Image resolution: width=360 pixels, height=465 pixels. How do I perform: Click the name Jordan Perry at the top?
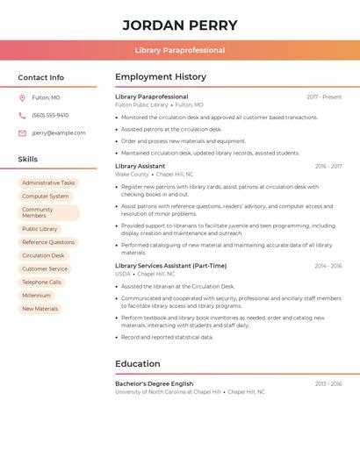(x=179, y=25)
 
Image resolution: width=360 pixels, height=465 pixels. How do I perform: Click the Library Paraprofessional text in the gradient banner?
(x=180, y=51)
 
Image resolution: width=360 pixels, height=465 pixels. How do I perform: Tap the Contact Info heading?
(x=40, y=77)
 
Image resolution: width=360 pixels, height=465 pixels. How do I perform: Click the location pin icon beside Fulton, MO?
(x=22, y=98)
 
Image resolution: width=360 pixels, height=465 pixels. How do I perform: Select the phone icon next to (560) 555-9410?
(x=22, y=116)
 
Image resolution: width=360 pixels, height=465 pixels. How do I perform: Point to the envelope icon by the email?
(x=22, y=133)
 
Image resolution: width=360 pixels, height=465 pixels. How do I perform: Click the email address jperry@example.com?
(x=59, y=133)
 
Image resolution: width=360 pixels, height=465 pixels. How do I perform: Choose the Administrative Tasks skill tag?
(x=48, y=183)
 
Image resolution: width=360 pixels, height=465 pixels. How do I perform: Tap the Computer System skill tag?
(x=45, y=197)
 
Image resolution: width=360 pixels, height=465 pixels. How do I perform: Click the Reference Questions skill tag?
(x=48, y=242)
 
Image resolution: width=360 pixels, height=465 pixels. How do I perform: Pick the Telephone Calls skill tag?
(x=41, y=283)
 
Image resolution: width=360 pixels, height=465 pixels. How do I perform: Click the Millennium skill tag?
(x=36, y=296)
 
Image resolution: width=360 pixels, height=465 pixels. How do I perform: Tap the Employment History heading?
(x=161, y=77)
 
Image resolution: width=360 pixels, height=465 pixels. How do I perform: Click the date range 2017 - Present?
(x=324, y=97)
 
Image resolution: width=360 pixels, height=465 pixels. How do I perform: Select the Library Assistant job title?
(x=140, y=166)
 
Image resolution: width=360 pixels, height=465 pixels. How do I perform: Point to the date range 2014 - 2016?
(x=328, y=266)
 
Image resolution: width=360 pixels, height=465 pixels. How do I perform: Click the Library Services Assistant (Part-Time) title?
(x=170, y=266)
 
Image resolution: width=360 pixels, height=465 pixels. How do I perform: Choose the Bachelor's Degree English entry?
(x=154, y=383)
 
